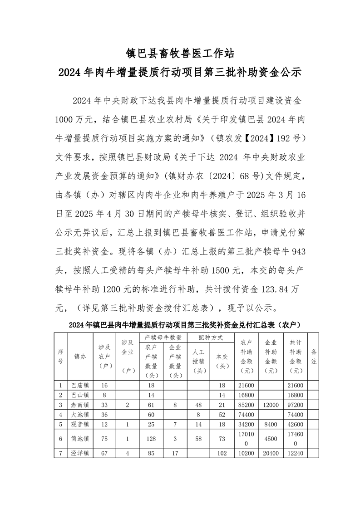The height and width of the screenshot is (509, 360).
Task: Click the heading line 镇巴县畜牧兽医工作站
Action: [180, 54]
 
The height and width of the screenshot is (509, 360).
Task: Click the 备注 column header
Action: [313, 357]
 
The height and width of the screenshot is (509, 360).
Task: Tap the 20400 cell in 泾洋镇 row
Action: [271, 453]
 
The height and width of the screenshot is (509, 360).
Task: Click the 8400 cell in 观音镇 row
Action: [271, 424]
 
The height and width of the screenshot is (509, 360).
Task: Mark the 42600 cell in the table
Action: [296, 424]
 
